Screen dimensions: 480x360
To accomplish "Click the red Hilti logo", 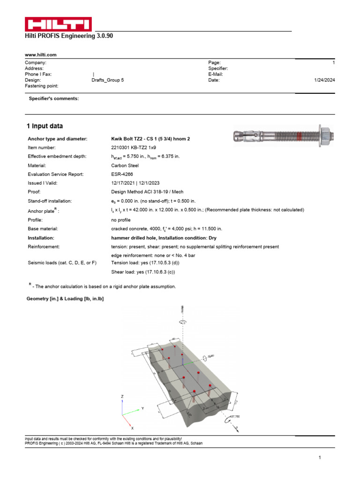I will (x=58, y=24).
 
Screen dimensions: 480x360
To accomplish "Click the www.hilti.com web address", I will (x=40, y=55).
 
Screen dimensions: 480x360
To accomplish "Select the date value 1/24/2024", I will (x=324, y=80).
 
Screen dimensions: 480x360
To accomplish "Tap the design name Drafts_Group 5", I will (x=108, y=80).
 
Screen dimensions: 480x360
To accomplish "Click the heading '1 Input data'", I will (x=45, y=126).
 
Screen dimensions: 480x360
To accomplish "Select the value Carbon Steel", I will (x=126, y=165).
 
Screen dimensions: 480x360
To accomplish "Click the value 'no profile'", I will (x=120, y=220).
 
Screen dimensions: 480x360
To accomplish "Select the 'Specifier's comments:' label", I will (x=54, y=98).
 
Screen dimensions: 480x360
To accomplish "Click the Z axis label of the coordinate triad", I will (x=122, y=397).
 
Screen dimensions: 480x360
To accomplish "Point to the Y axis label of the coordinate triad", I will (x=142, y=409).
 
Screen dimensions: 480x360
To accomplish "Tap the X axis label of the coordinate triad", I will (x=132, y=428).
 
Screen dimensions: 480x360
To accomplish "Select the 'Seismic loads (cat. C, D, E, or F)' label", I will (x=62, y=263).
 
